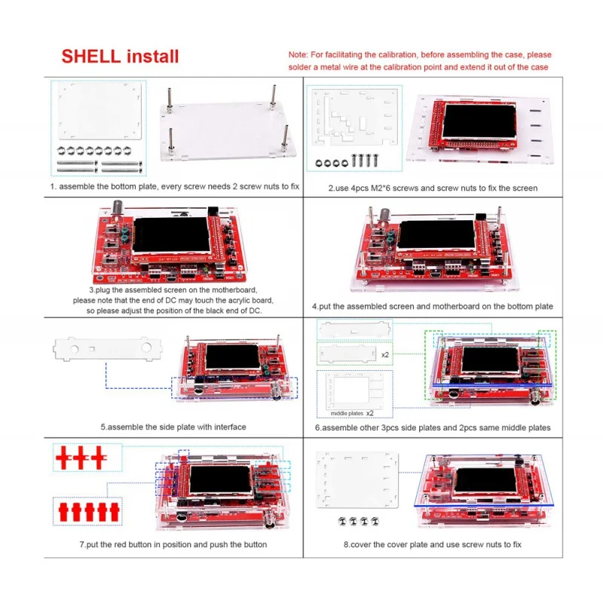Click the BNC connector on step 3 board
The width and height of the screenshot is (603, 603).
point(118,210)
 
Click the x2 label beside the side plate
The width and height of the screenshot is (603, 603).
point(386,354)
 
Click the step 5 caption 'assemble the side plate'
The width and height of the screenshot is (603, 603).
point(173,427)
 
